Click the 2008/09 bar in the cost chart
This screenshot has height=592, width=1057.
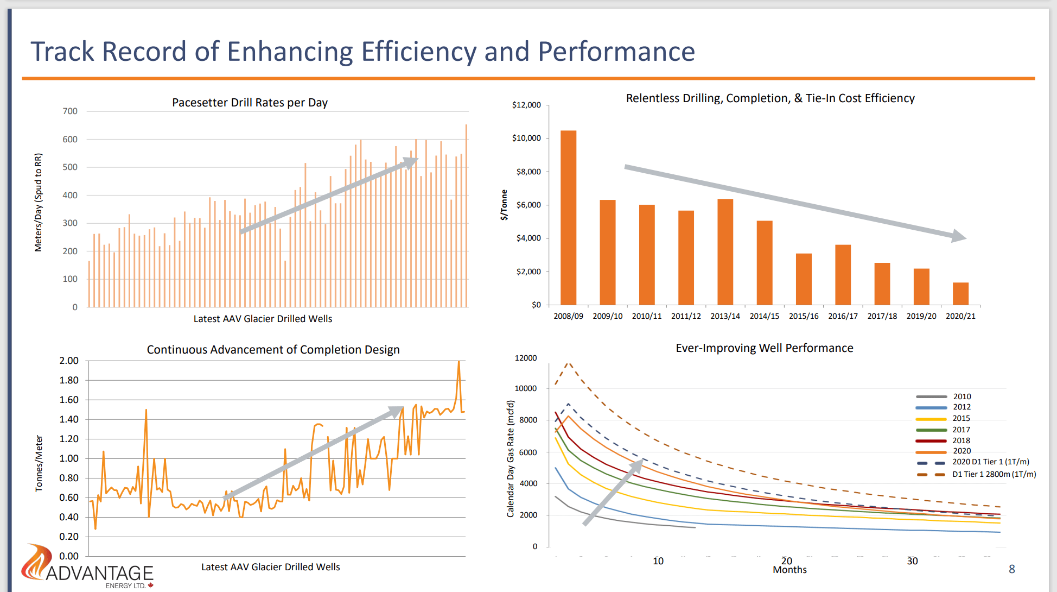pyautogui.click(x=568, y=217)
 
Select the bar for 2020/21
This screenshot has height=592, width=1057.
pyautogui.click(x=960, y=293)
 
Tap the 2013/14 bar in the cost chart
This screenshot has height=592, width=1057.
pyautogui.click(x=725, y=251)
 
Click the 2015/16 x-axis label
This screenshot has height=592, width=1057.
pyautogui.click(x=804, y=316)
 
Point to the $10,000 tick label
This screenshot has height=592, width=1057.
pyautogui.click(x=526, y=138)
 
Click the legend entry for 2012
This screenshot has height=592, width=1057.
pyautogui.click(x=962, y=407)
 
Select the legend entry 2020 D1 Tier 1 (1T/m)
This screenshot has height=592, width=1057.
pyautogui.click(x=990, y=462)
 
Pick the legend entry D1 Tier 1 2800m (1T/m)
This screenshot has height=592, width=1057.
pyautogui.click(x=994, y=474)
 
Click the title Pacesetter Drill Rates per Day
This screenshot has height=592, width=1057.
pyautogui.click(x=250, y=103)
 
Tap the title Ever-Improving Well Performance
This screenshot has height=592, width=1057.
pyautogui.click(x=764, y=348)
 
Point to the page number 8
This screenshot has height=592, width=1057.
pyautogui.click(x=1011, y=569)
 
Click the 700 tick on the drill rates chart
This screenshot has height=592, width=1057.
pyautogui.click(x=70, y=111)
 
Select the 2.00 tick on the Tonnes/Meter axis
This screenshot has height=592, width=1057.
pyautogui.click(x=69, y=361)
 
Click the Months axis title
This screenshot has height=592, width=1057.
pyautogui.click(x=789, y=570)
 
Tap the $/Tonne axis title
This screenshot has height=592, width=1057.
pyautogui.click(x=504, y=205)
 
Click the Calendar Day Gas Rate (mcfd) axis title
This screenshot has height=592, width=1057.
pyautogui.click(x=510, y=458)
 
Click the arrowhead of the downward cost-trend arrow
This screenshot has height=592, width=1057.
pyautogui.click(x=959, y=236)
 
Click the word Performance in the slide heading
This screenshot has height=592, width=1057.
pyautogui.click(x=616, y=52)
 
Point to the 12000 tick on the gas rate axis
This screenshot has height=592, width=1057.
pyautogui.click(x=525, y=358)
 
